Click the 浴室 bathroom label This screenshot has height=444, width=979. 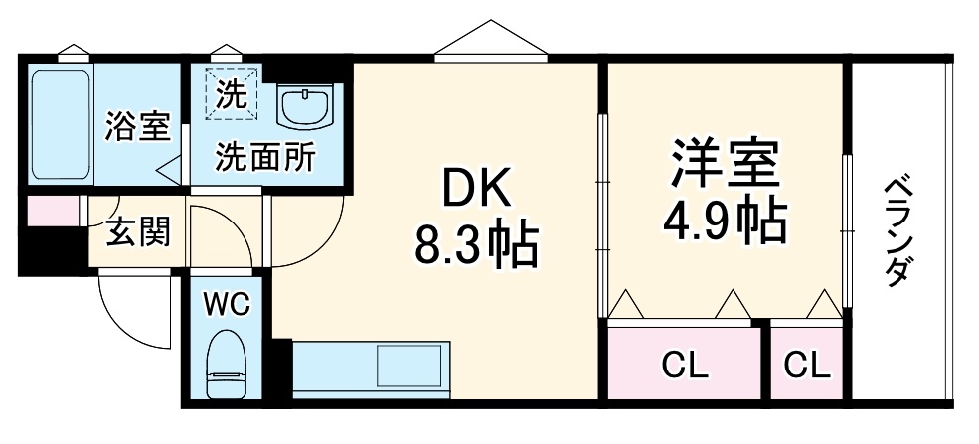(x=138, y=126)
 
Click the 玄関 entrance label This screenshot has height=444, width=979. (x=138, y=233)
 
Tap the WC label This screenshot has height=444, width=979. (x=228, y=303)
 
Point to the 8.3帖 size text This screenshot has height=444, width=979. (x=475, y=245)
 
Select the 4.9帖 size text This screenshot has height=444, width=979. (x=724, y=223)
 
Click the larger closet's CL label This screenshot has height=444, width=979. (x=685, y=367)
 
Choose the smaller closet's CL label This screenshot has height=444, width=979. (x=806, y=367)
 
